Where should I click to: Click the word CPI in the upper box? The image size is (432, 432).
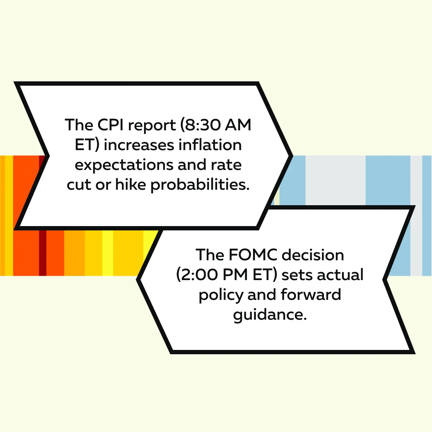click(x=111, y=125)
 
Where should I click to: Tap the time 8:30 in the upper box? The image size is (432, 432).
click(x=202, y=125)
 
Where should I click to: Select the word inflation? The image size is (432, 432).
click(x=210, y=145)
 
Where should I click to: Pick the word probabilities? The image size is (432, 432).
click(x=200, y=185)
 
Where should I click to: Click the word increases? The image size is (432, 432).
click(x=139, y=145)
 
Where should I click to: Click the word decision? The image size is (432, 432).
click(x=313, y=255)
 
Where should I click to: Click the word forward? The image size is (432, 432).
click(x=311, y=294)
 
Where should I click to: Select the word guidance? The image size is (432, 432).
click(x=270, y=315)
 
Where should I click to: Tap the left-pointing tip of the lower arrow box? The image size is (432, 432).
click(x=137, y=280)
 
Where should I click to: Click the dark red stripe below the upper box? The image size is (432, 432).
click(x=42, y=253)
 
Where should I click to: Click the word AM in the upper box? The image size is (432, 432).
click(x=238, y=125)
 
